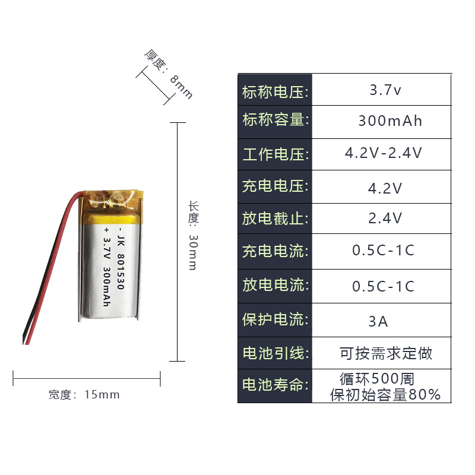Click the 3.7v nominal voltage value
click(x=385, y=91)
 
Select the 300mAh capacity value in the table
click(x=390, y=122)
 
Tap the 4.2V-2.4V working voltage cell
click(x=384, y=153)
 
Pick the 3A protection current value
click(x=378, y=322)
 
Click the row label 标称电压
click(x=275, y=92)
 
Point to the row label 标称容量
click(x=275, y=120)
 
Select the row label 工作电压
click(x=275, y=155)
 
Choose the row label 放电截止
click(x=275, y=218)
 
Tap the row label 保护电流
click(x=275, y=319)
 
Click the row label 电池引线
click(x=275, y=353)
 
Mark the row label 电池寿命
click(x=275, y=385)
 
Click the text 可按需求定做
click(x=386, y=354)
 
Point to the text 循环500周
click(x=377, y=378)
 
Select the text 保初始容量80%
click(x=385, y=394)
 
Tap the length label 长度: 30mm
click(x=192, y=235)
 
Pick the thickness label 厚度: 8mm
click(x=169, y=74)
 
